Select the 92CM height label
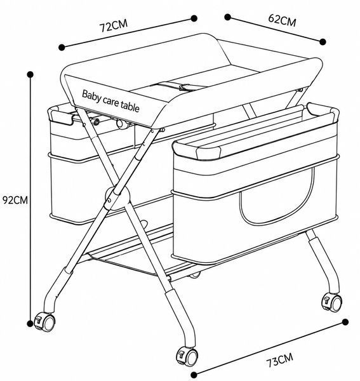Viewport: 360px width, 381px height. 15,200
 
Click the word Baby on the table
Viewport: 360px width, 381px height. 91,96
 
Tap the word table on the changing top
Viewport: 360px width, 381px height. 130,107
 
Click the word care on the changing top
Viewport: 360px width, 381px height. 110,101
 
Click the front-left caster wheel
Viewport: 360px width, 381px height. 45,322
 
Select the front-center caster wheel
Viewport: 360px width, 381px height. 187,356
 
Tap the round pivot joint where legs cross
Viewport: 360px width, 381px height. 117,197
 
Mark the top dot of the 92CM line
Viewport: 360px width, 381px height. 30,74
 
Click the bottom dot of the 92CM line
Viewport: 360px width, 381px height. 30,323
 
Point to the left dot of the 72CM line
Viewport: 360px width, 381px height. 62,47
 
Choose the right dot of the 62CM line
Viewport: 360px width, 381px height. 323,42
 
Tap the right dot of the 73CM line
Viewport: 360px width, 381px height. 345,322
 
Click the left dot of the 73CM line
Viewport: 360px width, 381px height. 194,375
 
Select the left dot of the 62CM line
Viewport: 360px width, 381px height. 227,17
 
